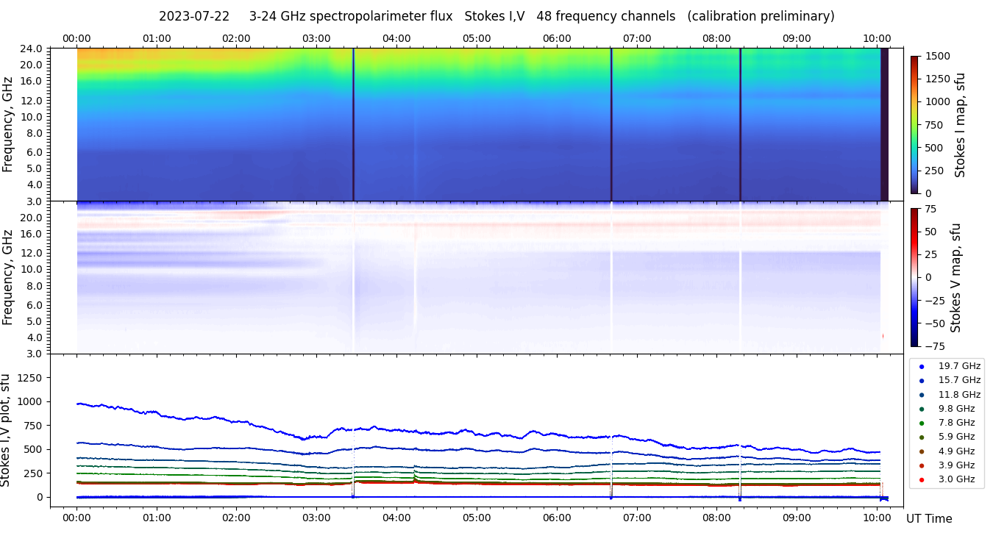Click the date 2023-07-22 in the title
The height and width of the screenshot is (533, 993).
[x=194, y=16]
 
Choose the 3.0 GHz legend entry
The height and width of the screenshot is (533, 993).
[x=956, y=480]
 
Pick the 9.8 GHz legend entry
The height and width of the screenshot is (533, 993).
[x=956, y=409]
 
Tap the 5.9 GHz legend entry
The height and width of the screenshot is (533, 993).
[x=956, y=437]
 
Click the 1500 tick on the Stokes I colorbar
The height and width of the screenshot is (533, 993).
[x=938, y=56]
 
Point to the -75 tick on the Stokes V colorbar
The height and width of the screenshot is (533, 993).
[x=935, y=346]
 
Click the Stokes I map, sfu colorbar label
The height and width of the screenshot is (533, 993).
[x=960, y=124]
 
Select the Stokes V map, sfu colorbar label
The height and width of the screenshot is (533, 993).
[x=955, y=277]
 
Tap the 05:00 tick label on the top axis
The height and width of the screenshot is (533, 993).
[x=477, y=38]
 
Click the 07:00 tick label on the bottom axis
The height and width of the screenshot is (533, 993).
[x=637, y=517]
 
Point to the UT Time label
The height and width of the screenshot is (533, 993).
[x=929, y=518]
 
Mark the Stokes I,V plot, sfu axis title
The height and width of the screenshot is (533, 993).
[x=7, y=430]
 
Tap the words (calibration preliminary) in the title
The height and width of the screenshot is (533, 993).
[x=761, y=16]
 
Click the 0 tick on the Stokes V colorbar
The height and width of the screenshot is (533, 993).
[x=929, y=277]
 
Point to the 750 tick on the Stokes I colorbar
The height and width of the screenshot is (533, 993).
[x=935, y=124]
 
